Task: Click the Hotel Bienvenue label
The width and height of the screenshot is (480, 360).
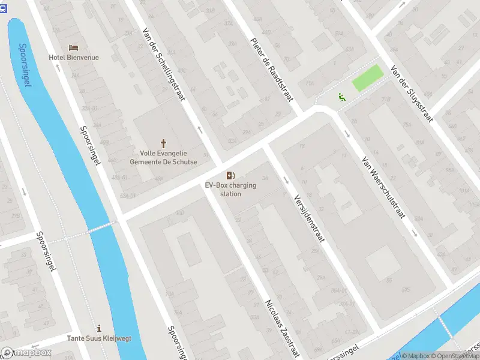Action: pyautogui.click(x=74, y=58)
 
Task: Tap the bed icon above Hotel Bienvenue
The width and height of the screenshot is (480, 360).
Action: pyautogui.click(x=74, y=47)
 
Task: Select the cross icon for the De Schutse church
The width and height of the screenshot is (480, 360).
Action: pyautogui.click(x=163, y=143)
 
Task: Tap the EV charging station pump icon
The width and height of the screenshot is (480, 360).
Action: pyautogui.click(x=230, y=175)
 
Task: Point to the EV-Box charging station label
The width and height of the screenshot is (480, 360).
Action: pyautogui.click(x=230, y=190)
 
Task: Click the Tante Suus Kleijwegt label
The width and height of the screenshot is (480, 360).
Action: pyautogui.click(x=99, y=338)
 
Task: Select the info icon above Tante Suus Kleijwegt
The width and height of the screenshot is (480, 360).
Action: pyautogui.click(x=99, y=328)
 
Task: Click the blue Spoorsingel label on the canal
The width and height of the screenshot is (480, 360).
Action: pyautogui.click(x=25, y=65)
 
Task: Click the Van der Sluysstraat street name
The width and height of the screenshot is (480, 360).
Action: pyautogui.click(x=412, y=94)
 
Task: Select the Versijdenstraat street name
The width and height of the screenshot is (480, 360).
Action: pyautogui.click(x=309, y=218)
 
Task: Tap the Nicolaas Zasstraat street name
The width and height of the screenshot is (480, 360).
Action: pyautogui.click(x=283, y=328)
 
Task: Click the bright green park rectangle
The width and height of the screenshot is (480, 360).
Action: pyautogui.click(x=367, y=79)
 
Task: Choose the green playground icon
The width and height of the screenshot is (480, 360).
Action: pyautogui.click(x=341, y=96)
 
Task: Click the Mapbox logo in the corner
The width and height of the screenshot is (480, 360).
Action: pyautogui.click(x=26, y=353)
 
